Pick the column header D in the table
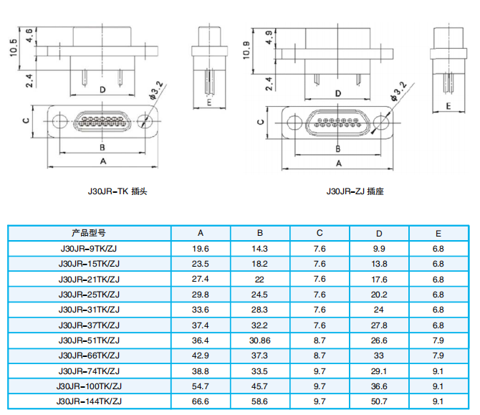pyautogui.click(x=379, y=234)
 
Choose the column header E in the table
pyautogui.click(x=438, y=234)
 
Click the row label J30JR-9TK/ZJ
pyautogui.click(x=89, y=249)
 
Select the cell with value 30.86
pyautogui.click(x=260, y=340)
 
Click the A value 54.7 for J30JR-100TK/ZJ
pyautogui.click(x=201, y=386)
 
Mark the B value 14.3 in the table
pyautogui.click(x=260, y=249)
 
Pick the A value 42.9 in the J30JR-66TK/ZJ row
pyautogui.click(x=201, y=356)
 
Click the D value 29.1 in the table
pyautogui.click(x=379, y=371)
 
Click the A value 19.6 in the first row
pyautogui.click(x=201, y=249)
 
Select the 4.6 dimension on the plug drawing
pyautogui.click(x=29, y=35)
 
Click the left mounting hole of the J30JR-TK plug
pyautogui.click(x=60, y=121)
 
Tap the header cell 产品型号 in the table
pyautogui.click(x=89, y=234)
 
